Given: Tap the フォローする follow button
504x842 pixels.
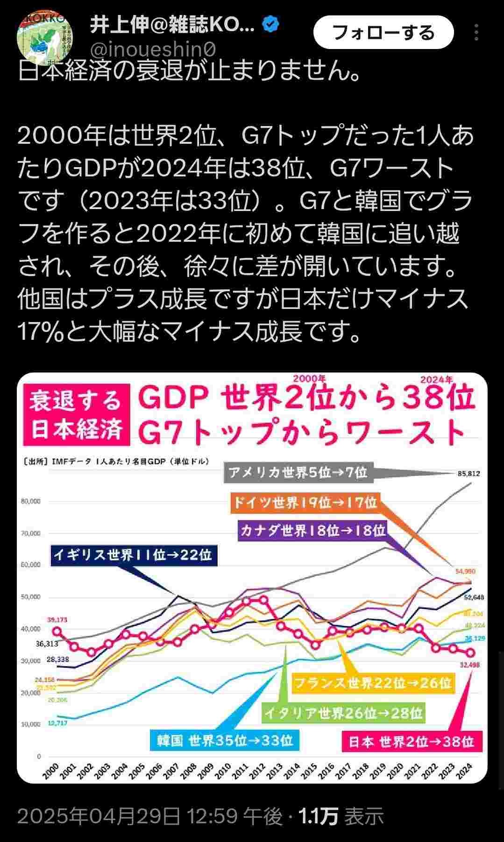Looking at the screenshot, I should [383, 33].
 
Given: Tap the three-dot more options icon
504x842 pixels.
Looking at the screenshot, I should [476, 33].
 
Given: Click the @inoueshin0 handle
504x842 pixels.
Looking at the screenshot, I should [153, 49].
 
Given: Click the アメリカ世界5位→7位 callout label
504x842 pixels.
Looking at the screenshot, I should [298, 472].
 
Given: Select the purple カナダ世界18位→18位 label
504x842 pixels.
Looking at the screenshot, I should [312, 530].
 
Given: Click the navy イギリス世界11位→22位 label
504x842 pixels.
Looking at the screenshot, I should [133, 555].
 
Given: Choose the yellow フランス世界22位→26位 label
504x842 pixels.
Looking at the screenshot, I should [372, 683].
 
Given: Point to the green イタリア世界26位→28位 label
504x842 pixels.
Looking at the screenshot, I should [343, 713].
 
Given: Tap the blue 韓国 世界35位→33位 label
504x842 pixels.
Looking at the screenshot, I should [225, 741].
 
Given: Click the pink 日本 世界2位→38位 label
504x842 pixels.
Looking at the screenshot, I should [411, 741].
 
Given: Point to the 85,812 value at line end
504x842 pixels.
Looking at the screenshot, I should [469, 473].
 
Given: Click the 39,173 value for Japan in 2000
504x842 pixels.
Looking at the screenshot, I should [57, 620].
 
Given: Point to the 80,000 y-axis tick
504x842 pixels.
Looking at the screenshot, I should [31, 501].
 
